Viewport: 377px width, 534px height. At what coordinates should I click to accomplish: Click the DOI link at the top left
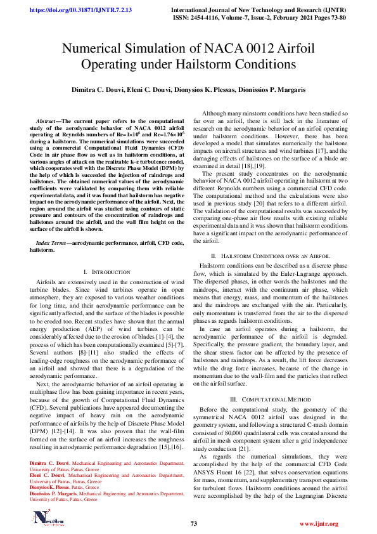(71, 10)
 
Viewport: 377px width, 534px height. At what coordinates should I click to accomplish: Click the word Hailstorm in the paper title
(227, 65)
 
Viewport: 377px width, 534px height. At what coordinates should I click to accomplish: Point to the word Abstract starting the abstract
(46, 120)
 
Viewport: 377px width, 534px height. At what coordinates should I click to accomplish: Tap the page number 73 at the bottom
(194, 524)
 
